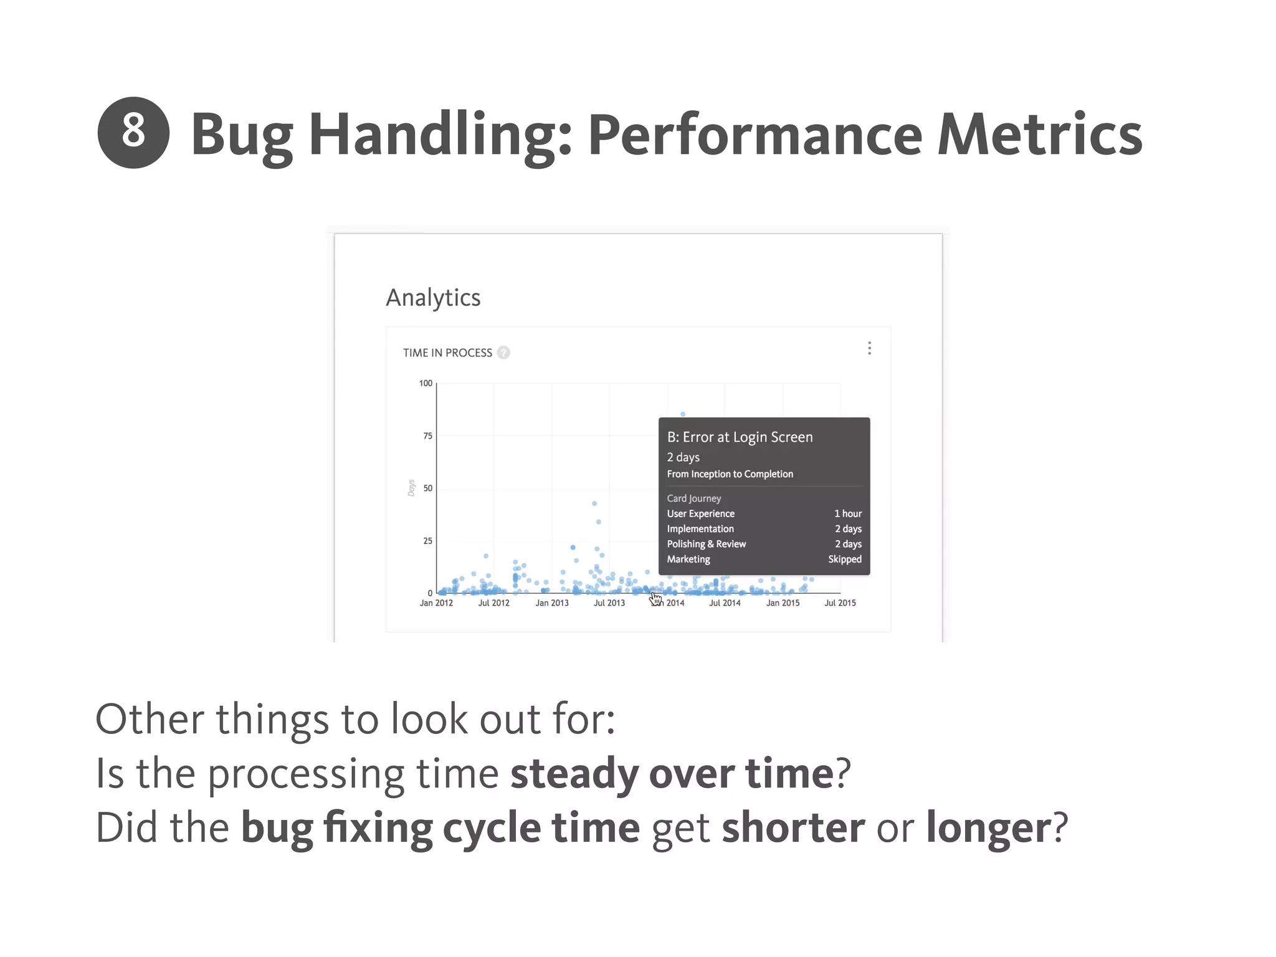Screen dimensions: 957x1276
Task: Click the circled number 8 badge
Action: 133,133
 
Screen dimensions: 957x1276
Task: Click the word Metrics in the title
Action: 1039,135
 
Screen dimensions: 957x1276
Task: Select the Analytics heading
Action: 433,298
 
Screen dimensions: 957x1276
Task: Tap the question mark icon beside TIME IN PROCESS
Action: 503,353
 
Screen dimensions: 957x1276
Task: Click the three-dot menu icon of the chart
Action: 869,348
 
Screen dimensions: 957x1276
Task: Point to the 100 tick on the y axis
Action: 426,383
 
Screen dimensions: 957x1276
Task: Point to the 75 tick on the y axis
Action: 427,436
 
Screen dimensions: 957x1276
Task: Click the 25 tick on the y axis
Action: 427,541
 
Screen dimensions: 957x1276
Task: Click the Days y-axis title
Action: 411,488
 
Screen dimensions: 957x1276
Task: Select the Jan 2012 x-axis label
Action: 436,603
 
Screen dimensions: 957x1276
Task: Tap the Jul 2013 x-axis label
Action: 609,603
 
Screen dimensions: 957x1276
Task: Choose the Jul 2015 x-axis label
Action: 840,603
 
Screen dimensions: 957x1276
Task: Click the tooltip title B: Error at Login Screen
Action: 740,437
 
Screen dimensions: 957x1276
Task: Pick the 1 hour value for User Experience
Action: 847,514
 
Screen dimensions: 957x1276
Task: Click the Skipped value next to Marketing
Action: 844,559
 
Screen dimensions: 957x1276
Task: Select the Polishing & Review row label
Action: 706,545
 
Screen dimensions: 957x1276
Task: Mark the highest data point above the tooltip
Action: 683,414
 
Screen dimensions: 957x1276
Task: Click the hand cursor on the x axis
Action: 655,599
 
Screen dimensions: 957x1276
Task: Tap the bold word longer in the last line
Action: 989,828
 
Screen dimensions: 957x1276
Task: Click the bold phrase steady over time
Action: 672,774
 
